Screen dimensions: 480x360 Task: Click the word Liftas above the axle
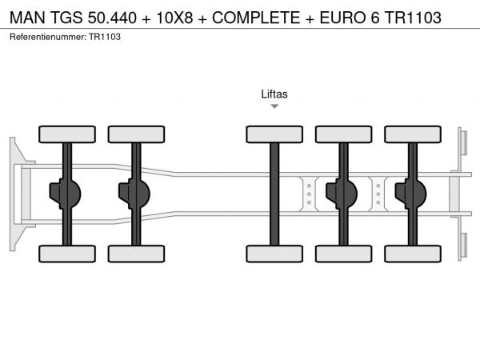(x=274, y=94)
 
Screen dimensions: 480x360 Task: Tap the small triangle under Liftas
(x=274, y=106)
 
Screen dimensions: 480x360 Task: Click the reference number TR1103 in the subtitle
(x=105, y=37)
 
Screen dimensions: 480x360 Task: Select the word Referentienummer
(x=48, y=37)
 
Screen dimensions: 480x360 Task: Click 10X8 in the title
(x=174, y=18)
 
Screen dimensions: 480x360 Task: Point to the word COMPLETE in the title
(x=256, y=18)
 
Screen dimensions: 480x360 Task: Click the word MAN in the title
(x=27, y=18)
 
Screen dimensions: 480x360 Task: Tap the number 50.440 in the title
(x=112, y=18)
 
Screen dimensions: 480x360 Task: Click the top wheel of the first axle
(x=67, y=134)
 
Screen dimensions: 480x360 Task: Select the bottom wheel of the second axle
(x=136, y=254)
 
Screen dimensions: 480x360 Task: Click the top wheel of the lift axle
(x=274, y=134)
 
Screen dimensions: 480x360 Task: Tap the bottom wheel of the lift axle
(x=274, y=254)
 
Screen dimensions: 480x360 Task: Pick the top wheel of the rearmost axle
(x=413, y=134)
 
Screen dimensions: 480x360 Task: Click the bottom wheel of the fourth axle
(x=344, y=254)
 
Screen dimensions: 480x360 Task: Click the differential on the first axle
(x=65, y=194)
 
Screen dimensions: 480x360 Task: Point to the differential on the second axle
(x=134, y=194)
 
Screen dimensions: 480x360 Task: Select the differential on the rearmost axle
(x=411, y=194)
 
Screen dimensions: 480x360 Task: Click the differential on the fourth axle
(x=342, y=194)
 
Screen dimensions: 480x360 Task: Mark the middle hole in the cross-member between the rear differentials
(x=378, y=194)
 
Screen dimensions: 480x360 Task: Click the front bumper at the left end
(x=13, y=194)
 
